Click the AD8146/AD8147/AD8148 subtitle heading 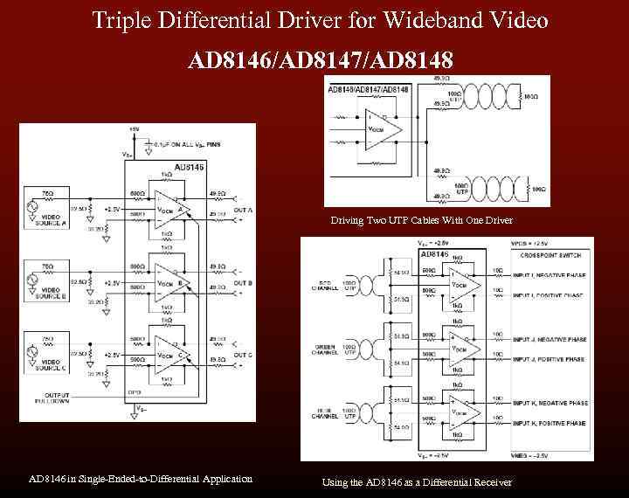tap(321, 60)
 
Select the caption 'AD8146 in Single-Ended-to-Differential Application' tap(141, 478)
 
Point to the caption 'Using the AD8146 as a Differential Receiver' tap(417, 481)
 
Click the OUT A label tap(244, 211)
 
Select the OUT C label tap(244, 354)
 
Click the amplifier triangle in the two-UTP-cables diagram tap(382, 130)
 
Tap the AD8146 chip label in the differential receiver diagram tap(435, 254)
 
